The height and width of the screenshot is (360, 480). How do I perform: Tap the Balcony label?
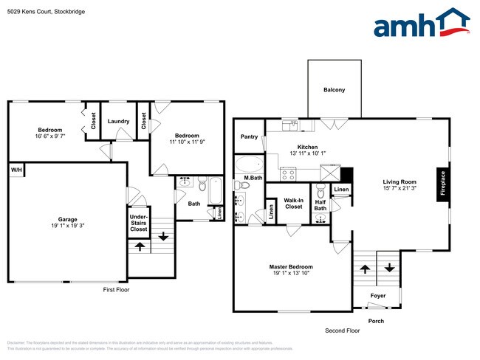[x=335, y=90]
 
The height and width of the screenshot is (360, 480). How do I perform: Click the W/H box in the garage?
[x=16, y=170]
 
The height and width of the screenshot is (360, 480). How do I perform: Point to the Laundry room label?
[x=118, y=122]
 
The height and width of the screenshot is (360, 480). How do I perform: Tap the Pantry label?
[x=249, y=136]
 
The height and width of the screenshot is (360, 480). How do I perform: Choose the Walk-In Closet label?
[x=294, y=203]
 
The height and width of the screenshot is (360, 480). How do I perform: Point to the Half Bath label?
[x=320, y=205]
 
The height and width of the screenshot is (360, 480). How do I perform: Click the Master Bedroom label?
[x=291, y=266]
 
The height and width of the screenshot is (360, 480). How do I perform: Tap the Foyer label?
[x=377, y=297]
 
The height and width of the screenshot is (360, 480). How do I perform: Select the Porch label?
[x=377, y=321]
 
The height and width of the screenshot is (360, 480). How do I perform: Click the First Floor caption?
[x=115, y=290]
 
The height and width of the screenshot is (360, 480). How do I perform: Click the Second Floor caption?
[x=343, y=330]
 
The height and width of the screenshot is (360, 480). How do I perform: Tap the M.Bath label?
[x=253, y=179]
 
